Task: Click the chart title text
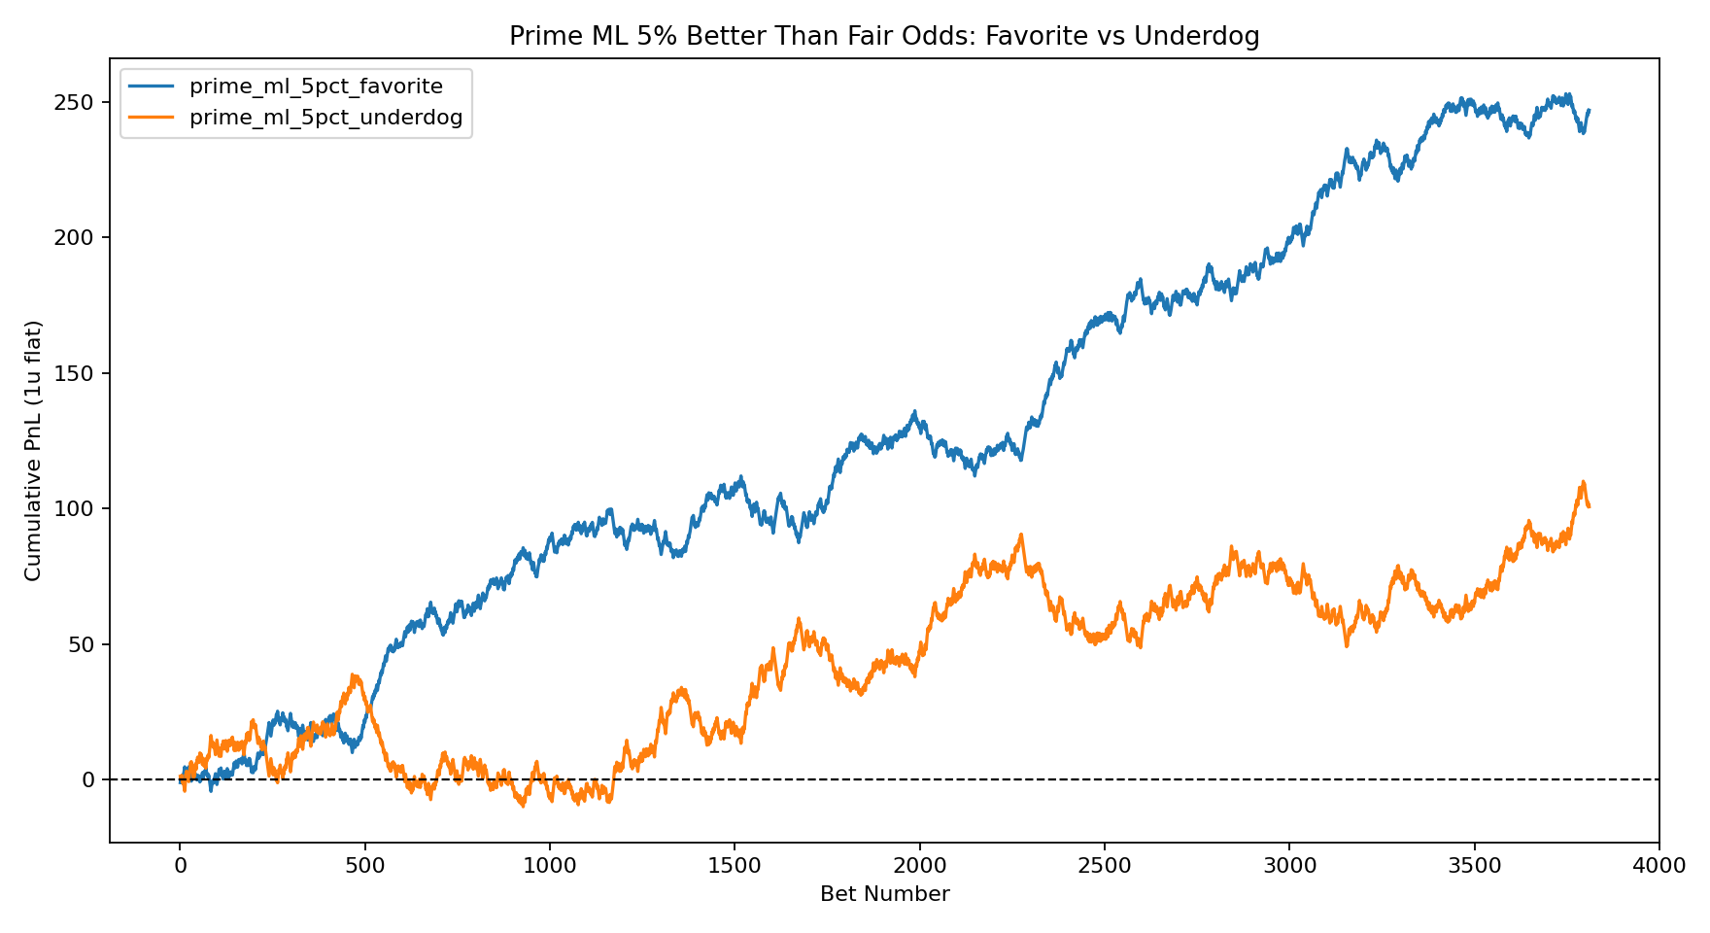click(884, 37)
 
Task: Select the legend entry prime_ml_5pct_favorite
click(316, 86)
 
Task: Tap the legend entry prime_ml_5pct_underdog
click(325, 119)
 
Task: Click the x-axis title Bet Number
click(884, 894)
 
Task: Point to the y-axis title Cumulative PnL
click(34, 450)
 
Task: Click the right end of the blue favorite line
click(1589, 110)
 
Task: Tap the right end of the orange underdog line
click(1589, 506)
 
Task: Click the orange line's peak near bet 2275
click(1021, 535)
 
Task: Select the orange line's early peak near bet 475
click(355, 675)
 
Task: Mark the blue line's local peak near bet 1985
click(914, 413)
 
